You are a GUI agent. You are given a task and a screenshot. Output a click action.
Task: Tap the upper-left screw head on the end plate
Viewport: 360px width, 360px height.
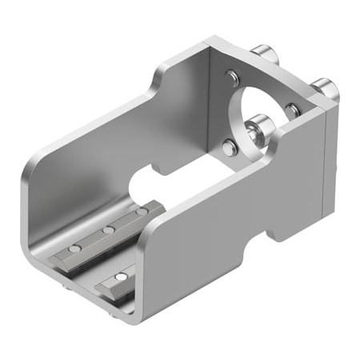(x=231, y=77)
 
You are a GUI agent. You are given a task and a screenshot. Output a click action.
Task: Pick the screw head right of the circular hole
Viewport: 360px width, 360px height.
(x=294, y=108)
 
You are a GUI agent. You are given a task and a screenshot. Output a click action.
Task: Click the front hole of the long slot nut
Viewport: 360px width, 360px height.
(x=75, y=250)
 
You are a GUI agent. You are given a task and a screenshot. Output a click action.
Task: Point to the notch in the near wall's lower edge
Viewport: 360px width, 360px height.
(x=277, y=232)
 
